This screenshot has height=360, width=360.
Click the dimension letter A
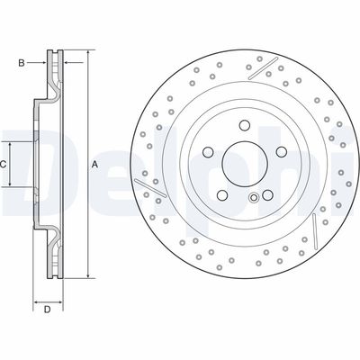pyautogui.click(x=94, y=164)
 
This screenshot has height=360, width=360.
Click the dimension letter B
pyautogui.click(x=22, y=62)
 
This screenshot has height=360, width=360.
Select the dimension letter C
pyautogui.click(x=4, y=165)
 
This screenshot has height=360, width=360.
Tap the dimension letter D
pyautogui.click(x=47, y=311)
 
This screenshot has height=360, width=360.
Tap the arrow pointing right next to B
pyautogui.click(x=39, y=62)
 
